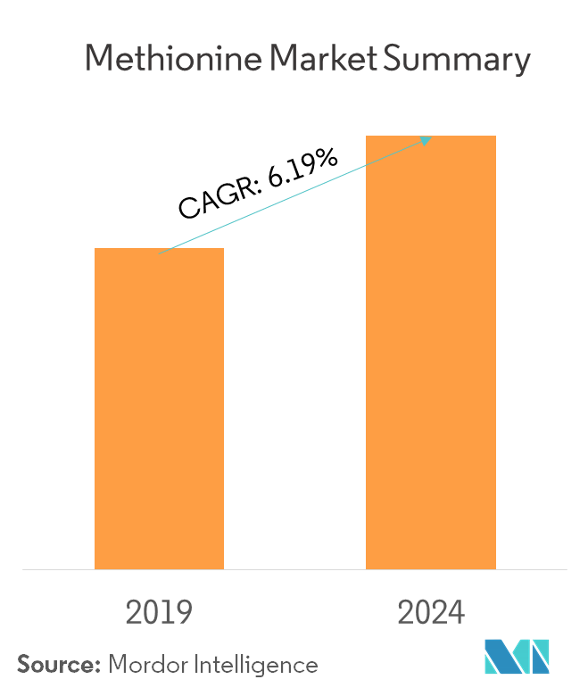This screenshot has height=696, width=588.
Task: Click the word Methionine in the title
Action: [x=174, y=60]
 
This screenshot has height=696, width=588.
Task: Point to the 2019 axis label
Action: [x=159, y=613]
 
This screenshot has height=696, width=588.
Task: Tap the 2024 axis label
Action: [x=431, y=613]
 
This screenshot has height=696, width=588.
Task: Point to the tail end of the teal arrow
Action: [x=160, y=254]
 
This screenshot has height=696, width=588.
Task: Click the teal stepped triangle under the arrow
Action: [x=205, y=238]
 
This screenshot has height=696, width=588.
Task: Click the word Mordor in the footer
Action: [x=143, y=665]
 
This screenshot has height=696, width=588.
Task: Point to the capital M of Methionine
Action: [x=99, y=60]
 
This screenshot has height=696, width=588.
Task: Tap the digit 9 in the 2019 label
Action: [x=183, y=613]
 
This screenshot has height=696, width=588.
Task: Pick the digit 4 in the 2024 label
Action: [x=455, y=613]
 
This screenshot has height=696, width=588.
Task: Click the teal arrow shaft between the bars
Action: [x=294, y=196]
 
